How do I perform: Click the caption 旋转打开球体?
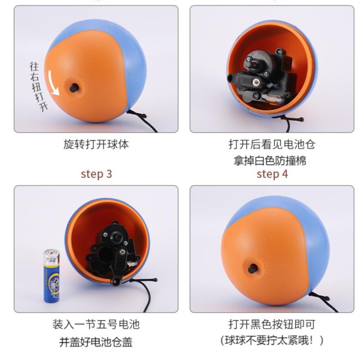coord(96,145)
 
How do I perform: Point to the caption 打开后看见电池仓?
coord(272,145)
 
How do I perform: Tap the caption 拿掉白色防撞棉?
coord(272,160)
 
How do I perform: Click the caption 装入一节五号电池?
coord(96,324)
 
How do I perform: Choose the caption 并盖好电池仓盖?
coord(96,341)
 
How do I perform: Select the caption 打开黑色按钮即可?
coord(272,324)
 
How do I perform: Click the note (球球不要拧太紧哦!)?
coord(272,340)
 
